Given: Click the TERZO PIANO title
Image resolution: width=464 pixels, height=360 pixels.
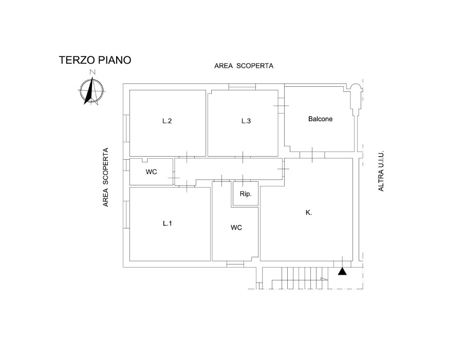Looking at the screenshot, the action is (x=95, y=60).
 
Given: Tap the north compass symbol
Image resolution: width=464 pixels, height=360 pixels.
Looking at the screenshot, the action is (x=92, y=90).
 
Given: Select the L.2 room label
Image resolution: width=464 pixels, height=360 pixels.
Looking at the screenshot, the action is (x=167, y=121).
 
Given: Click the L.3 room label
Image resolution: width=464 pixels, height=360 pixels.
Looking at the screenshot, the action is (x=246, y=121).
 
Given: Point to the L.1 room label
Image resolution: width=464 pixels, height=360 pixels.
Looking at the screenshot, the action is (x=167, y=223).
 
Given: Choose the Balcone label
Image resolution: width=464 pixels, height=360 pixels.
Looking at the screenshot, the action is (x=320, y=119).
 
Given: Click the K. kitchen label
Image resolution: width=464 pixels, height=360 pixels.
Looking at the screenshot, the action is (x=309, y=213).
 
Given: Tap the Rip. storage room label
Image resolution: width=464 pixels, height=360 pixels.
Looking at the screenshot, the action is (x=246, y=194).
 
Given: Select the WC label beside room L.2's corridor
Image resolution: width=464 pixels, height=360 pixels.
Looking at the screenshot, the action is (x=151, y=172).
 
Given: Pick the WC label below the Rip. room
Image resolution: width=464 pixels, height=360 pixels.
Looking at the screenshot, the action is (x=236, y=228).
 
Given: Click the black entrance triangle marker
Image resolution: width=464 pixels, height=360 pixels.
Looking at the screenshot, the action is (x=342, y=271).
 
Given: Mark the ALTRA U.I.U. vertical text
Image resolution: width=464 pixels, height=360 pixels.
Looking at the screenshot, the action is (x=381, y=171).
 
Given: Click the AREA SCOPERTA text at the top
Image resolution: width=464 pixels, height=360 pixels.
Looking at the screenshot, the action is (x=244, y=66).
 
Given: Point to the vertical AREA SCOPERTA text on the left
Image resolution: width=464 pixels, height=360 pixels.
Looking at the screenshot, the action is (x=106, y=177).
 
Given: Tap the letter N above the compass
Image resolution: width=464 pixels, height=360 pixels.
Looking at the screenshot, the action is (x=92, y=72).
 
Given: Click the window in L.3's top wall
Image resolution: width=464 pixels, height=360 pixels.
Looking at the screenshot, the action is (x=242, y=87).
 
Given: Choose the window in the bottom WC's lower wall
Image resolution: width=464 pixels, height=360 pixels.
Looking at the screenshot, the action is (x=235, y=264).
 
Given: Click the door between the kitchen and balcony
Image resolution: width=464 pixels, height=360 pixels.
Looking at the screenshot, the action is (x=312, y=155).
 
